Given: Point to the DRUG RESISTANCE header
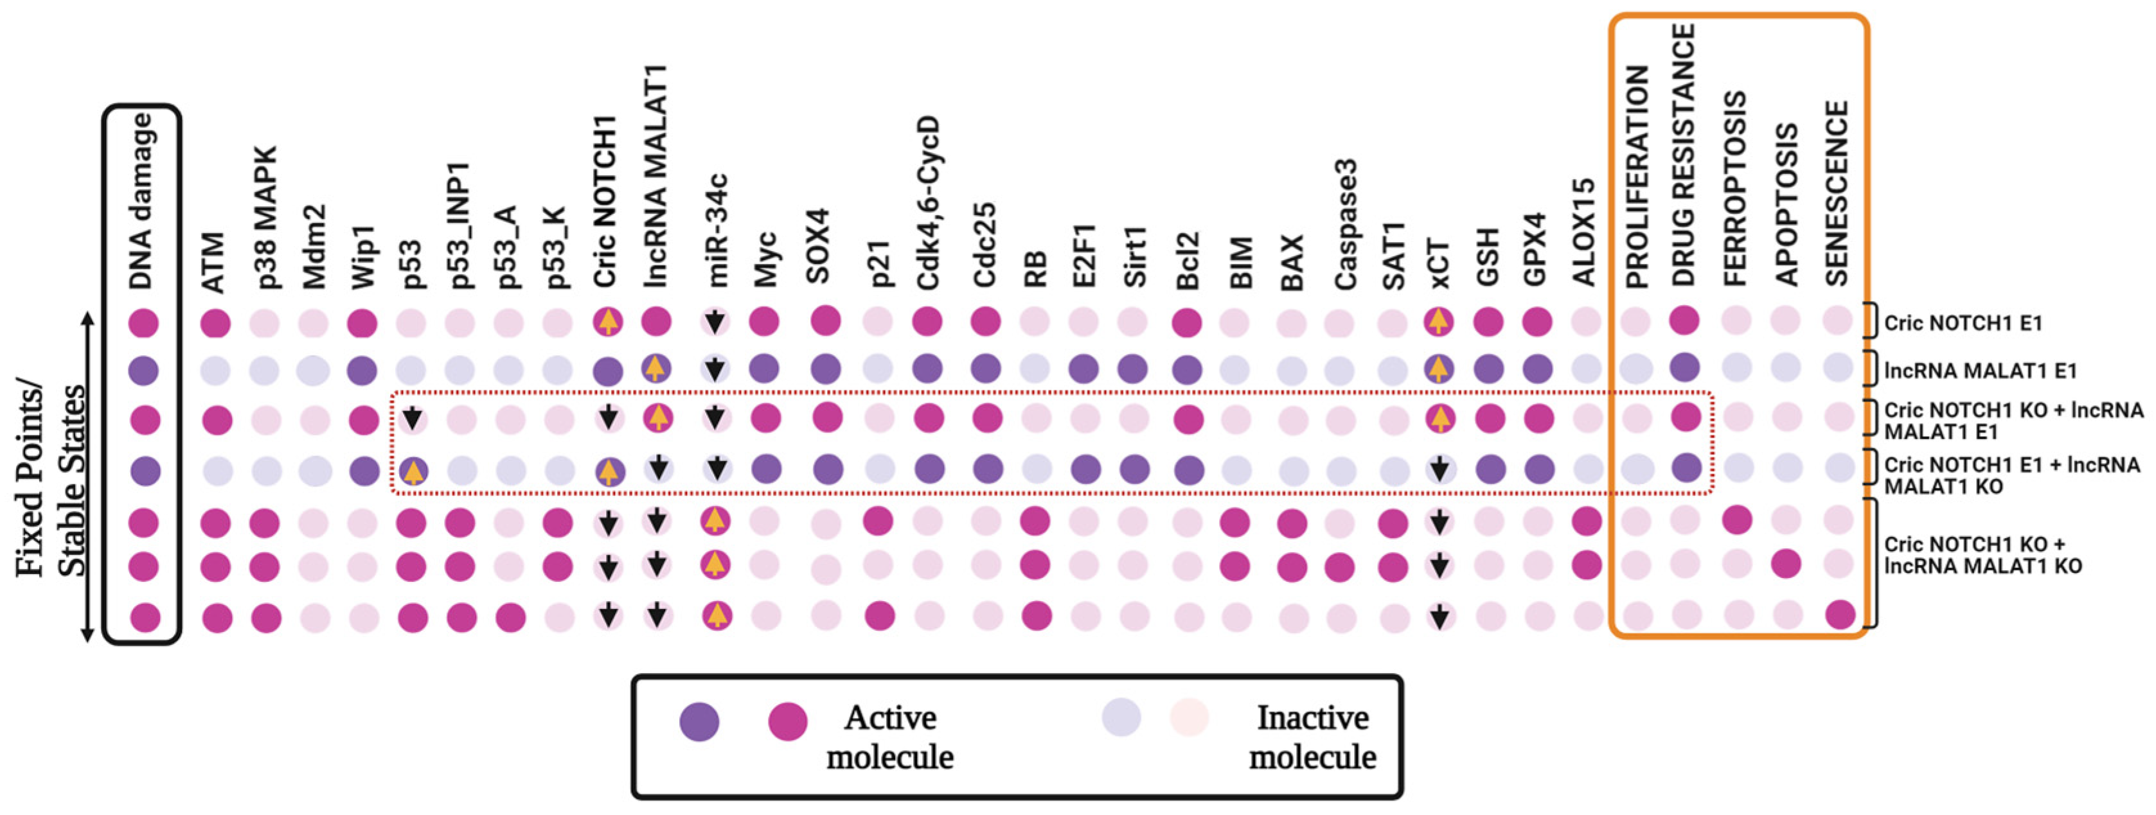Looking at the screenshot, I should [1684, 155].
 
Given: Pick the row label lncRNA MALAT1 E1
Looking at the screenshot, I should [1980, 370].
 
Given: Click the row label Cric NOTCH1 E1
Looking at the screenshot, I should [1963, 322].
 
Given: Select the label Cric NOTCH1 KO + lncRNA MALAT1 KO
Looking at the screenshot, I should [1982, 555].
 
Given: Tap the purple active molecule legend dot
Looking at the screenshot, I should [699, 721].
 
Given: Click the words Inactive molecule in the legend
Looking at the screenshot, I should [1312, 737].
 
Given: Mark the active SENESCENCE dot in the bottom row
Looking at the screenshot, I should [1840, 616].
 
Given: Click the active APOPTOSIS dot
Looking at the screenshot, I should [1786, 564].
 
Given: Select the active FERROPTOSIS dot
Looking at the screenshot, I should [1736, 520].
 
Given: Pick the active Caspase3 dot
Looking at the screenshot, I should [1339, 567].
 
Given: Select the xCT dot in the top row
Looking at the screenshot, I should [1438, 321].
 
